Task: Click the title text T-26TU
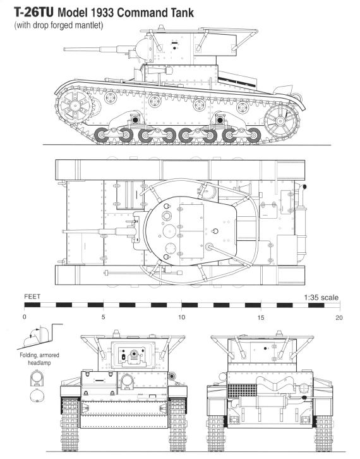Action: coord(34,13)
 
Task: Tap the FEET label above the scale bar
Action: coord(32,297)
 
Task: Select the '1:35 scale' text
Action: coord(321,298)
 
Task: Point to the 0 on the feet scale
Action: coord(24,317)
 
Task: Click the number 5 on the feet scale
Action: coord(103,317)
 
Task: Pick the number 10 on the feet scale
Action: coord(182,317)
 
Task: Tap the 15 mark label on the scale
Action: coord(261,317)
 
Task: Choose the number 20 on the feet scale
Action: coord(339,317)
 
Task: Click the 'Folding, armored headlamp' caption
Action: coord(39,359)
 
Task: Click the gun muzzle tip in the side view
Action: coord(64,49)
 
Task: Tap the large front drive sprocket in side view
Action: coord(75,106)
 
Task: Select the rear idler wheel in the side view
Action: coord(281,121)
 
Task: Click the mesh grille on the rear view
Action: coord(242,391)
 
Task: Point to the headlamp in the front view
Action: coord(127,382)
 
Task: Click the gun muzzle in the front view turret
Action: coord(135,354)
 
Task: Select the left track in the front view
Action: coord(70,424)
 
